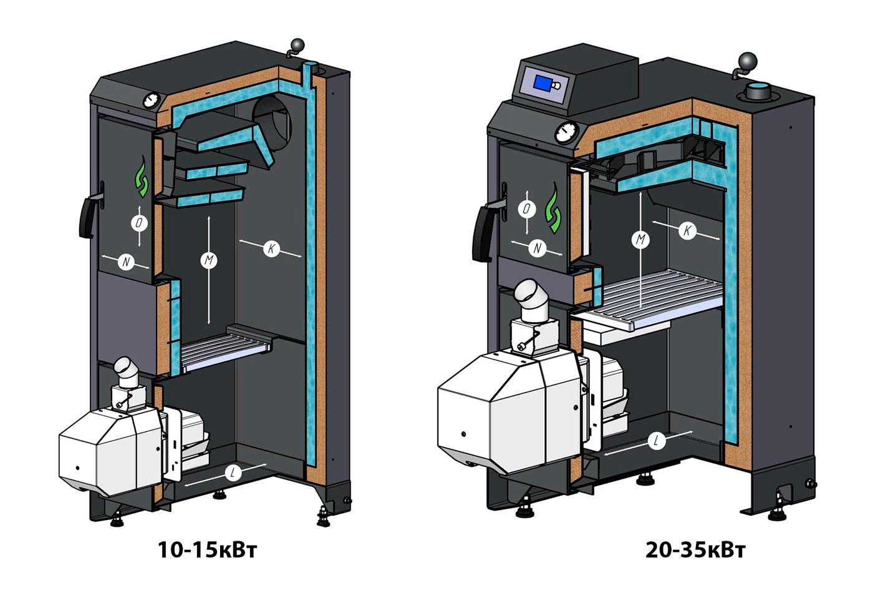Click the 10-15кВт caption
206,550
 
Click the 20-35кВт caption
695,550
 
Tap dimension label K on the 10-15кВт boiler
271,248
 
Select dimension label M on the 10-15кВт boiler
209,260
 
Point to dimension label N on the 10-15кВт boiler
126,262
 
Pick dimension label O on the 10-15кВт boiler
140,222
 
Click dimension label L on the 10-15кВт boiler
232,473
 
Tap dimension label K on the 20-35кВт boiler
687,230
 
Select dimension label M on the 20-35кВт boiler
641,239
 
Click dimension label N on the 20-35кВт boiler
538,248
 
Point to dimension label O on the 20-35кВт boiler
527,208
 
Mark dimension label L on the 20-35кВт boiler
656,441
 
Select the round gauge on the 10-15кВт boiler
152,100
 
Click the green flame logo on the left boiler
142,179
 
